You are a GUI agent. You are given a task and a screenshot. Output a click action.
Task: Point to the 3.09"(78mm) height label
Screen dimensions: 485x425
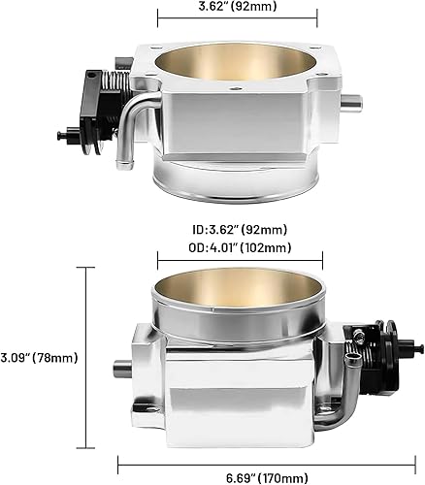pos(40,357)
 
